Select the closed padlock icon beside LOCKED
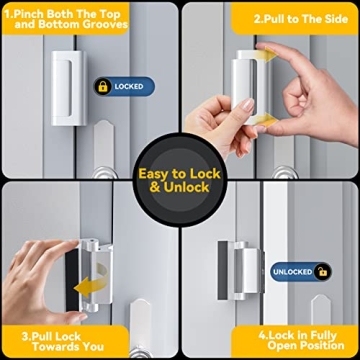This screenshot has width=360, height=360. pos(103,87)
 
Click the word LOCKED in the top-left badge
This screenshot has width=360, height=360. pos(128,87)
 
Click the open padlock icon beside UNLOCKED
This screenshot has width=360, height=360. pos(322,271)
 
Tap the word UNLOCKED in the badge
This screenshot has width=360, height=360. pos(294,271)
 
